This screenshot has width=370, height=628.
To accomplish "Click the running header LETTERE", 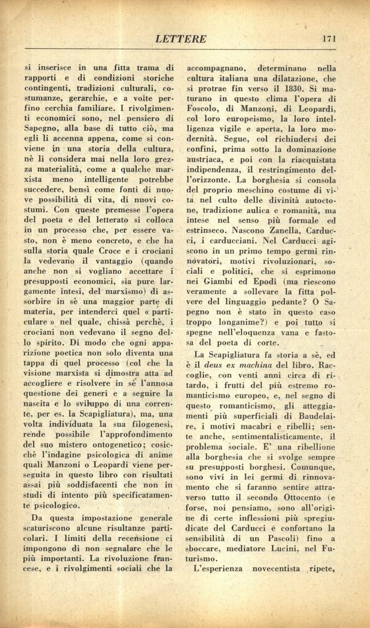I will coord(180,39).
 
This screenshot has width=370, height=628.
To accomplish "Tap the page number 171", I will coord(330,39).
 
